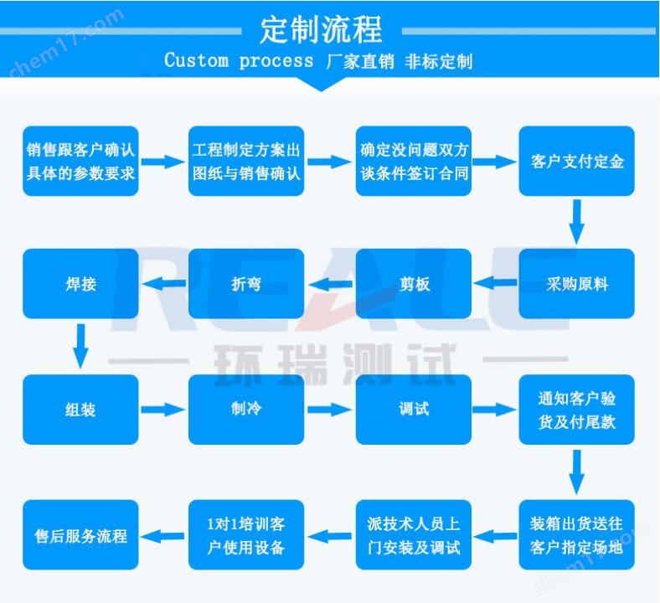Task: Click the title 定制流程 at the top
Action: point(321,30)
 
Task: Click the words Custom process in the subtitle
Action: point(239,61)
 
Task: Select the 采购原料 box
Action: point(576,284)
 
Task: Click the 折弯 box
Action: point(246,284)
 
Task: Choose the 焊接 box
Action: point(80,284)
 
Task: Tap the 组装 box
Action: point(80,410)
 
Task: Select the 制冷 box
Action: point(246,410)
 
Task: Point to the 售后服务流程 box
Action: point(80,535)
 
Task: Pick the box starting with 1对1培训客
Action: point(246,535)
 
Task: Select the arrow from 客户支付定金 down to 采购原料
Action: point(576,221)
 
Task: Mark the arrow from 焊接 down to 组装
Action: point(80,345)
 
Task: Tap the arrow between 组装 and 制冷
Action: point(163,410)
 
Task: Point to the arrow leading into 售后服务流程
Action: point(163,535)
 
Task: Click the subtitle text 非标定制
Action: point(438,61)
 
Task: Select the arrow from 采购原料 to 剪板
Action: point(495,284)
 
